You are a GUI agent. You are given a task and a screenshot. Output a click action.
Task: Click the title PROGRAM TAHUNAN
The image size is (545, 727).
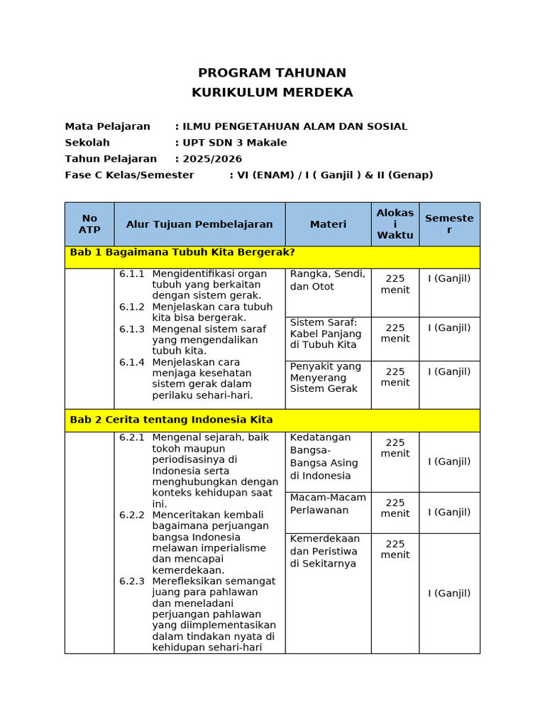pyautogui.click(x=272, y=72)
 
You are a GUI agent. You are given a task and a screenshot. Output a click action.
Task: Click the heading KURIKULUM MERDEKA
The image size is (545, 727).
pyautogui.click(x=272, y=92)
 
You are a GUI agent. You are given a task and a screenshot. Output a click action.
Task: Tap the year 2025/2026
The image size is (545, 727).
pyautogui.click(x=212, y=159)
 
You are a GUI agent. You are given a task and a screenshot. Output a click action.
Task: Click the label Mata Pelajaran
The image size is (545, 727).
pyautogui.click(x=107, y=126)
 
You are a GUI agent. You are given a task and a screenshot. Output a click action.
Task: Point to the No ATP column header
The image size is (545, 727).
pyautogui.click(x=89, y=224)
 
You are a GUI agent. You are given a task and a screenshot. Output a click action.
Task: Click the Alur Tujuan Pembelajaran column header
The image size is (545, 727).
pyautogui.click(x=199, y=224)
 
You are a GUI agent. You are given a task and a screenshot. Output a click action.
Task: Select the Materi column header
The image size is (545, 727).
pyautogui.click(x=328, y=224)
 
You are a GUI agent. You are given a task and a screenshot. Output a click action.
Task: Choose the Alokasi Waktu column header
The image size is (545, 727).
pyautogui.click(x=395, y=224)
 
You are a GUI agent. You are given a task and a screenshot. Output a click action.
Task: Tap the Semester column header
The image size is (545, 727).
pyautogui.click(x=449, y=224)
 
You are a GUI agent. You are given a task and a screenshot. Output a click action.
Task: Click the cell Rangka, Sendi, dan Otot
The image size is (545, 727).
pyautogui.click(x=327, y=280)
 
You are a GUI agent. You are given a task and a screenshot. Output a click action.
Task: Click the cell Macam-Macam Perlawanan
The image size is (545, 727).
pyautogui.click(x=328, y=503)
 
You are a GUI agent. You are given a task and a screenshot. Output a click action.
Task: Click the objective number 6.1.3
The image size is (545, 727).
pyautogui.click(x=132, y=329)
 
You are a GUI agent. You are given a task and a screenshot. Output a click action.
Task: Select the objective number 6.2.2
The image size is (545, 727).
pyautogui.click(x=132, y=515)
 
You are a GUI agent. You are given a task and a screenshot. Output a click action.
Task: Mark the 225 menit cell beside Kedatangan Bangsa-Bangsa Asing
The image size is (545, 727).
pyautogui.click(x=395, y=448)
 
